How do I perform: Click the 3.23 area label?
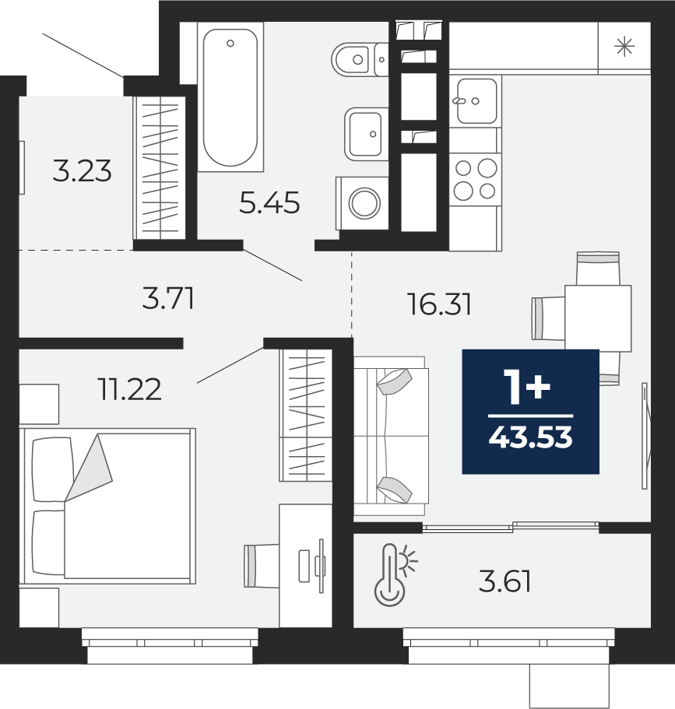[x=82, y=171]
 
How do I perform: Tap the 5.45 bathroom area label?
[x=269, y=202]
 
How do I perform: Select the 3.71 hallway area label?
[x=168, y=299]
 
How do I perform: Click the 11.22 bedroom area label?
[x=129, y=389]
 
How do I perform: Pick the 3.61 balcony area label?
[x=504, y=581]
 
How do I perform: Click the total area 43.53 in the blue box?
[x=531, y=437]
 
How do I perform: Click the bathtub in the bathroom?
[x=230, y=97]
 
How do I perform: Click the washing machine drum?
[x=364, y=203]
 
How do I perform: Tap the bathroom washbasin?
[x=366, y=135]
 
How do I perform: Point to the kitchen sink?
[x=476, y=101]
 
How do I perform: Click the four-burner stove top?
[x=475, y=179]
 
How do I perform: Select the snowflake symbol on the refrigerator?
[x=624, y=47]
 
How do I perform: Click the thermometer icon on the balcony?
[x=389, y=574]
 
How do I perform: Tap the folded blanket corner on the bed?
[x=89, y=468]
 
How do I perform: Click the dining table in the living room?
[x=598, y=318]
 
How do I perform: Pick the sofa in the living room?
[x=392, y=435]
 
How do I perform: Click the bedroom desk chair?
[x=262, y=566]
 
